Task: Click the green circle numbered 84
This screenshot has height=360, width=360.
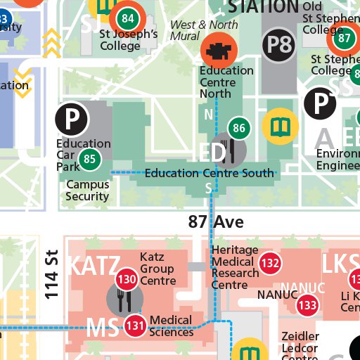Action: [x=127, y=18]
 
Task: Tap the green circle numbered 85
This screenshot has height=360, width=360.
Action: [x=89, y=160]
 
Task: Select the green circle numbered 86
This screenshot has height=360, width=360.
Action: [x=240, y=128]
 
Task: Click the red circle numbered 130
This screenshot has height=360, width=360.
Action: [x=127, y=279]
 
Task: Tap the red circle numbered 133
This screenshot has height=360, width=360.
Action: [x=307, y=305]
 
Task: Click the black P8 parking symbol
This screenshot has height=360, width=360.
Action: [x=279, y=46]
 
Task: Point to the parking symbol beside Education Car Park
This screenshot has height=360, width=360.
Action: [x=71, y=120]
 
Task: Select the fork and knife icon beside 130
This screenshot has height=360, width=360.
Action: [x=120, y=300]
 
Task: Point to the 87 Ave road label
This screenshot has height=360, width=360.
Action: [x=216, y=222]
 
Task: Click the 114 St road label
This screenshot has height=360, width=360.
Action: [x=51, y=274]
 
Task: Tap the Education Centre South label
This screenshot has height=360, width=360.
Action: [x=209, y=173]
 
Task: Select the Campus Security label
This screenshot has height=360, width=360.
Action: [x=88, y=191]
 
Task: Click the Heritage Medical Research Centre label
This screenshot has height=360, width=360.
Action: [x=235, y=267]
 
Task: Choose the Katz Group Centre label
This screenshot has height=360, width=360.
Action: [x=157, y=269]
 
